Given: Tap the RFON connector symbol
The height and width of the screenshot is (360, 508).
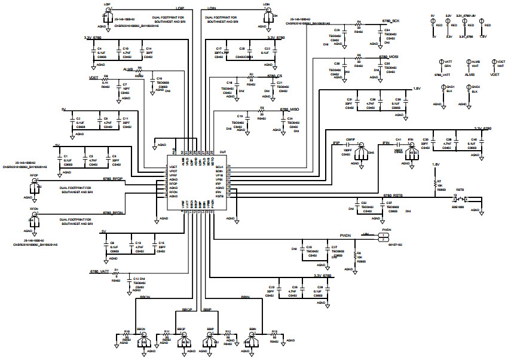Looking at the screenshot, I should tap(35, 222).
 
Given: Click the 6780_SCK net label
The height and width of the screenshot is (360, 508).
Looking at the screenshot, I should tap(391, 22).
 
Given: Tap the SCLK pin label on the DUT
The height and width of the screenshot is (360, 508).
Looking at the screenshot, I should tap(220, 166).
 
